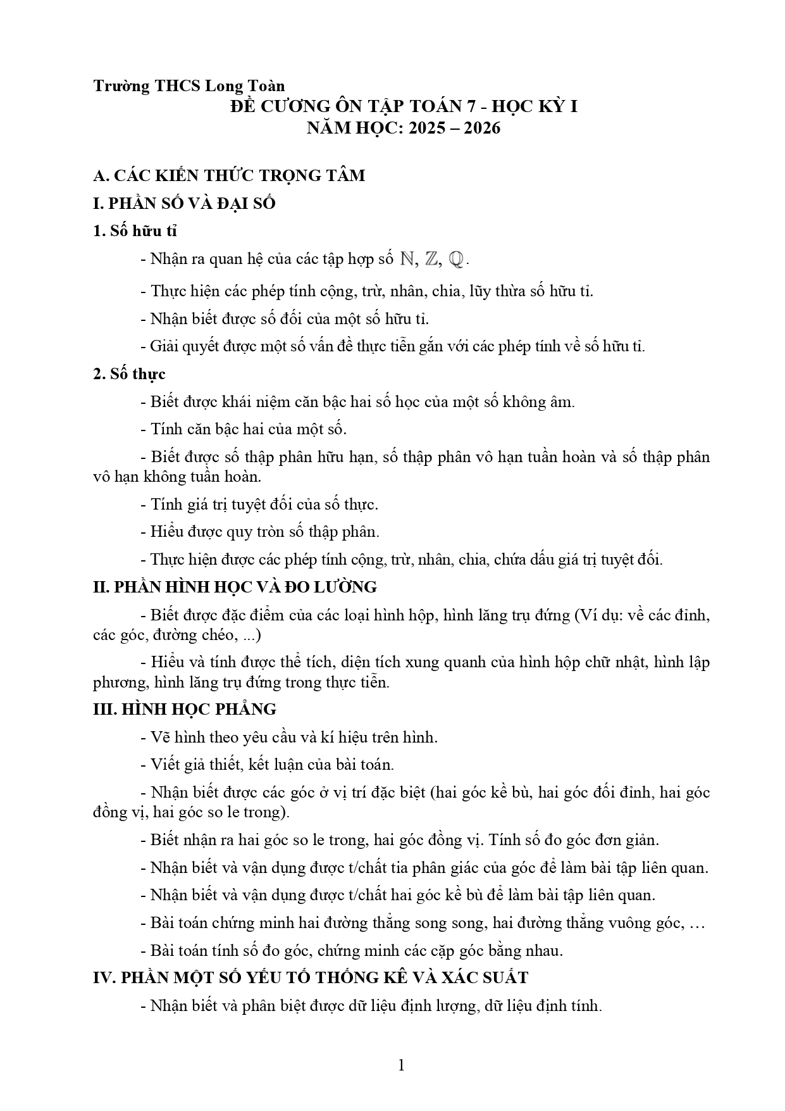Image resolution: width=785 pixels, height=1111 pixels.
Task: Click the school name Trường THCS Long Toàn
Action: (x=189, y=86)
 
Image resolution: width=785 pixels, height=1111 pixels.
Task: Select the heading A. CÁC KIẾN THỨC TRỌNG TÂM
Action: (x=228, y=175)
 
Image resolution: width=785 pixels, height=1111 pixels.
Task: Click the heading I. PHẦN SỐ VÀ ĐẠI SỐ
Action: (x=184, y=204)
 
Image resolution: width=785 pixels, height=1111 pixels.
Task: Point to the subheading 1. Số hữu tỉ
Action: (x=135, y=231)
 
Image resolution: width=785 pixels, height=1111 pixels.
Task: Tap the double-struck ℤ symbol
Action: (x=432, y=259)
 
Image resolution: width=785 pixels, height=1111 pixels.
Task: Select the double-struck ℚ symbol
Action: (x=456, y=259)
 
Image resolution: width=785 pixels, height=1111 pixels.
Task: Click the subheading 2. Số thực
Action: (x=129, y=374)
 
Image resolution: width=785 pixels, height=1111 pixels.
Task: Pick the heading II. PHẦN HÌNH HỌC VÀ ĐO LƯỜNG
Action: (x=235, y=587)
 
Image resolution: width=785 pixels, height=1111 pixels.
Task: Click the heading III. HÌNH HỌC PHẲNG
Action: (x=185, y=709)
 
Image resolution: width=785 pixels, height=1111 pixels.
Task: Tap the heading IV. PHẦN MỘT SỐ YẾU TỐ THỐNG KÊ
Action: (x=310, y=977)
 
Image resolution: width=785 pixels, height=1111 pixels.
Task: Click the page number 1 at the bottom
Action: (x=400, y=1065)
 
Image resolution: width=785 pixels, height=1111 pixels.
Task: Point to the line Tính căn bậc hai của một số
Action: (x=249, y=429)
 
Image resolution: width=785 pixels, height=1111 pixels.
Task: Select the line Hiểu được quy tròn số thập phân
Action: (x=264, y=532)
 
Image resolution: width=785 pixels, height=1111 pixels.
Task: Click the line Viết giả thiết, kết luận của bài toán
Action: (x=272, y=765)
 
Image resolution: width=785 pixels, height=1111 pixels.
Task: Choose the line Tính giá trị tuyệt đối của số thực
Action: (x=264, y=505)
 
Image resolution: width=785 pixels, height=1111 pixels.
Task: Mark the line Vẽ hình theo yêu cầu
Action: (x=294, y=738)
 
